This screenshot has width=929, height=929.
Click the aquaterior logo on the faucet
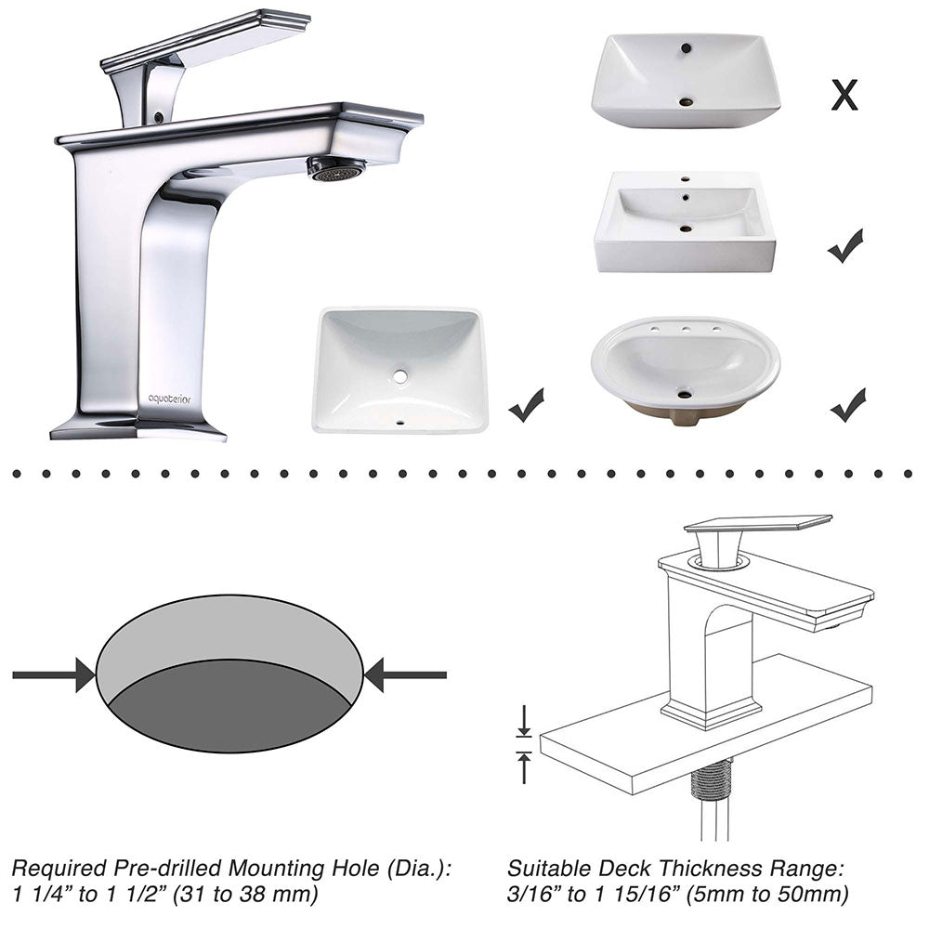click(168, 399)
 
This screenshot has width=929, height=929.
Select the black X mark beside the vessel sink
click(844, 94)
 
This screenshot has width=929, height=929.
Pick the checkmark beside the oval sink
click(847, 404)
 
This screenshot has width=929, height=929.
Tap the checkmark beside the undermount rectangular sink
click(526, 406)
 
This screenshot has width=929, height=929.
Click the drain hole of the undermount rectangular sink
click(400, 376)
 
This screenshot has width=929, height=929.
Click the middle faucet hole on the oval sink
click(686, 329)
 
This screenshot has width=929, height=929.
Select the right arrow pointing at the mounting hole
click(405, 674)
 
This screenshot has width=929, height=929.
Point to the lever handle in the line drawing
click(757, 525)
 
